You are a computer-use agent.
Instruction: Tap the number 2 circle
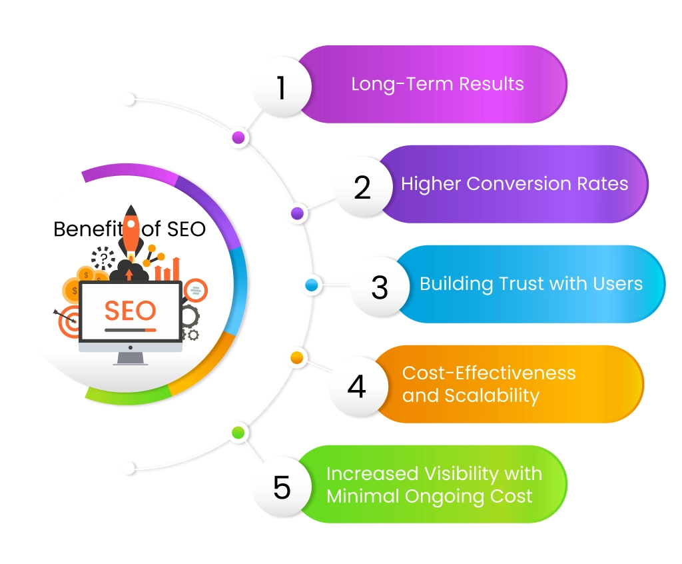(x=362, y=188)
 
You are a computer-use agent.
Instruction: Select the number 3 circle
(x=379, y=287)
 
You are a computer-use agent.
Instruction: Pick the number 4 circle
(x=357, y=386)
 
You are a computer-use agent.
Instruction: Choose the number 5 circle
(x=282, y=487)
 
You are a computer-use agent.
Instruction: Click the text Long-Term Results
(x=438, y=85)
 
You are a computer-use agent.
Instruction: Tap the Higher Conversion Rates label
(x=514, y=184)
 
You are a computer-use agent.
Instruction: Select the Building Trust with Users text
(x=531, y=283)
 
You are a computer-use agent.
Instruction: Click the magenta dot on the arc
(x=238, y=138)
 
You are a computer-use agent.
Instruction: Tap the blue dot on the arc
(x=311, y=285)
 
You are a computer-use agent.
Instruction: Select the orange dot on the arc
(x=297, y=358)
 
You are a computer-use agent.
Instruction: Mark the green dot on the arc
(x=238, y=432)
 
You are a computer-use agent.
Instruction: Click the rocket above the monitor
(x=132, y=230)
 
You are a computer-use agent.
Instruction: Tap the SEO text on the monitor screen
(x=131, y=310)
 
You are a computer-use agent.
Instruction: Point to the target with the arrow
(x=68, y=323)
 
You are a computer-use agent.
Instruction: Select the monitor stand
(x=131, y=358)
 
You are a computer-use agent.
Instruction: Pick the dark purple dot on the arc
(x=298, y=213)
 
